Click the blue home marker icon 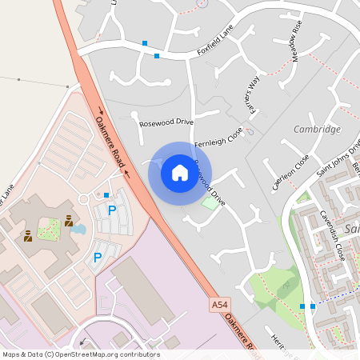click(180, 172)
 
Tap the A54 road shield click(221, 306)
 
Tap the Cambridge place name click(317, 130)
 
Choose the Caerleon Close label click(290, 172)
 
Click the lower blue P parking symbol click(98, 258)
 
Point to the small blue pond click(78, 230)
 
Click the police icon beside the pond click(69, 221)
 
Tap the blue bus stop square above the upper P click(106, 194)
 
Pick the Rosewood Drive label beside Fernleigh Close click(166, 122)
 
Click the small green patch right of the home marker click(210, 203)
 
